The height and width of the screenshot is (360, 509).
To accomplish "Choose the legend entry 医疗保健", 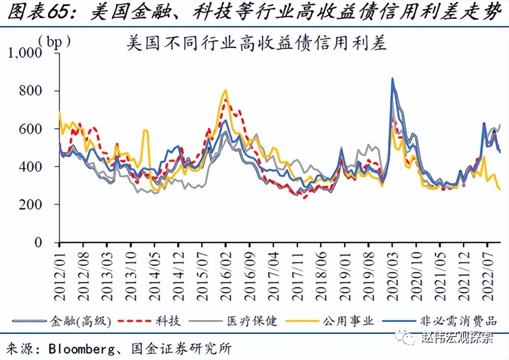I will tap(252, 321).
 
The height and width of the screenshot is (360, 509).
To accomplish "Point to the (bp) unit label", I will tap(55, 41).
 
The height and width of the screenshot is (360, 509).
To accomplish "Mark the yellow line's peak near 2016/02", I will tap(226, 90).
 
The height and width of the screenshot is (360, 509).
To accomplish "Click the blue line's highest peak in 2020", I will tap(392, 79).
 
